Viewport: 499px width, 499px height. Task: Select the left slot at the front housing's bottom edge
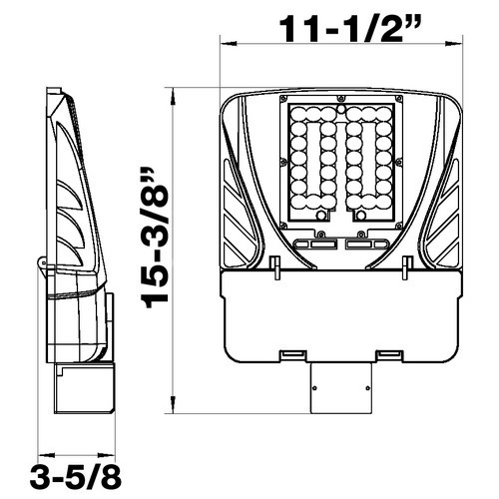tap(292, 354)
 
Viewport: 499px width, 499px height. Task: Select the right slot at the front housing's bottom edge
tap(389, 354)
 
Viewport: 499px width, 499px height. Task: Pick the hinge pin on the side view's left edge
tap(42, 262)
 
